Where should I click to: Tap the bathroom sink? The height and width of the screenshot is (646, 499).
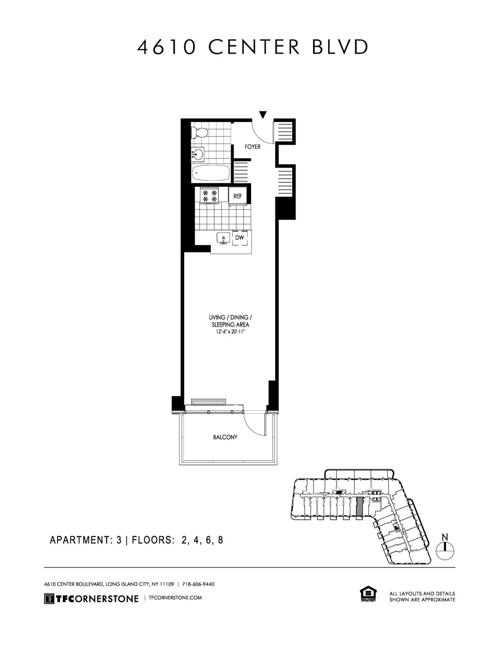pos(198,155)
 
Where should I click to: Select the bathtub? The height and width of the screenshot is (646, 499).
pos(211,173)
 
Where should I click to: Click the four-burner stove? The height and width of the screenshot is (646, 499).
pos(210,196)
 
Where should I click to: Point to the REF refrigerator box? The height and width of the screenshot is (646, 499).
pos(237,196)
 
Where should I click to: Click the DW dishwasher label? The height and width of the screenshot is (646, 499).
pos(239,238)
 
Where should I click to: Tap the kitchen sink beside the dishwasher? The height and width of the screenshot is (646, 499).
pos(224,239)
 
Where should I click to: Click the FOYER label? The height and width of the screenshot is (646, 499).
pos(252,147)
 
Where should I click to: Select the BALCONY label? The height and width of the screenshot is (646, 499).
pos(225,437)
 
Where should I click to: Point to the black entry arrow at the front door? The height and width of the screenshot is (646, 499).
pos(262,114)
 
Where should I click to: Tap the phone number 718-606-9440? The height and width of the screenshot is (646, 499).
pos(198,584)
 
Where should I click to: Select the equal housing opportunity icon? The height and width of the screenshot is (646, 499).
pos(368,594)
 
